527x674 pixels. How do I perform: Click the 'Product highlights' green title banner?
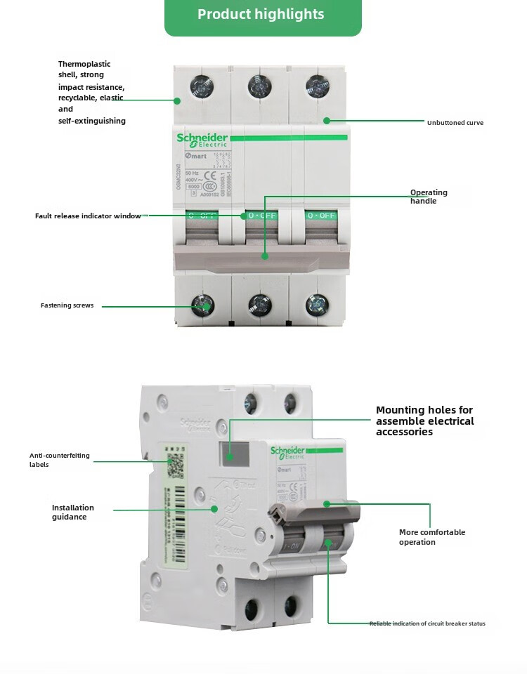262,15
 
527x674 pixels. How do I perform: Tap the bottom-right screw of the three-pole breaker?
317,304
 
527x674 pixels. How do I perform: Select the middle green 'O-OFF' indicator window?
261,216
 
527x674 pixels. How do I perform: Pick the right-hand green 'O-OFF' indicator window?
320,216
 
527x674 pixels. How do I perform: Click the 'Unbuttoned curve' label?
455,123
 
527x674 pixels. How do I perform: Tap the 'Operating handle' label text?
429,197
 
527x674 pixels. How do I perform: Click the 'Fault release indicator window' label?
88,216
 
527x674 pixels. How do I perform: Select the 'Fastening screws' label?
67,305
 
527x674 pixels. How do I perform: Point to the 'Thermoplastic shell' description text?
91,92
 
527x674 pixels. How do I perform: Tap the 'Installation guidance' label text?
72,513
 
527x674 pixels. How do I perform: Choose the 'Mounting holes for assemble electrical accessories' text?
424,421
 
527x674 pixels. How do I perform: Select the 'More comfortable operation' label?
431,537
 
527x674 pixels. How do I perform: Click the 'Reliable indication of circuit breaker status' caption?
427,623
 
